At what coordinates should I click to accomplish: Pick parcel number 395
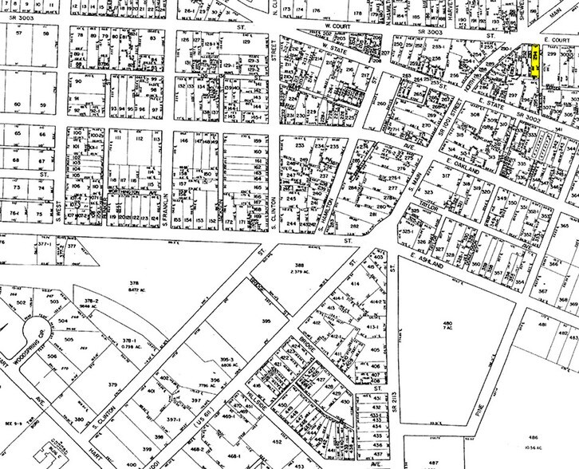[x=234, y=319]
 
